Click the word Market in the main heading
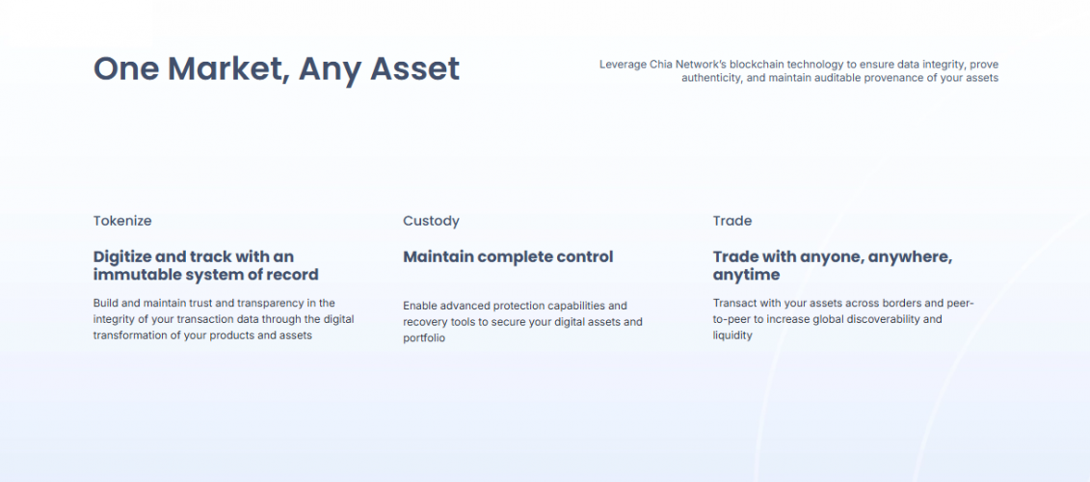(x=226, y=69)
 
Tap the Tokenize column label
(x=122, y=221)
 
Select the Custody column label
(x=431, y=221)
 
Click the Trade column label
(x=732, y=221)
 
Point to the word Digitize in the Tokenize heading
(x=122, y=256)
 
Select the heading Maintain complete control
(x=508, y=256)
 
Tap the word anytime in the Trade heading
(x=746, y=275)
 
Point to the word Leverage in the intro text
(x=624, y=65)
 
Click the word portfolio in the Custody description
(x=424, y=338)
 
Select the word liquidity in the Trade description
(x=732, y=335)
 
